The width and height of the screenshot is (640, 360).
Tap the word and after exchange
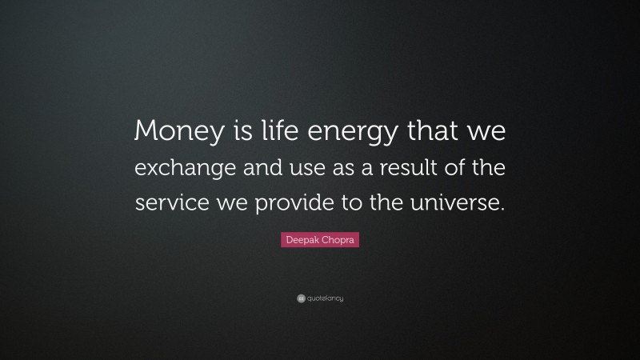click(x=259, y=170)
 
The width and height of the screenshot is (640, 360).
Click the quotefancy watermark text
click(x=325, y=298)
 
